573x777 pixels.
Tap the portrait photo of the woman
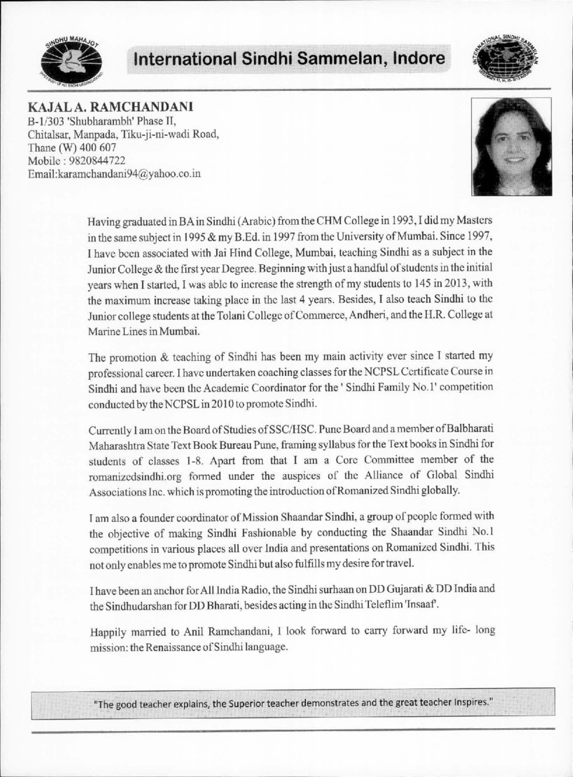[511, 147]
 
